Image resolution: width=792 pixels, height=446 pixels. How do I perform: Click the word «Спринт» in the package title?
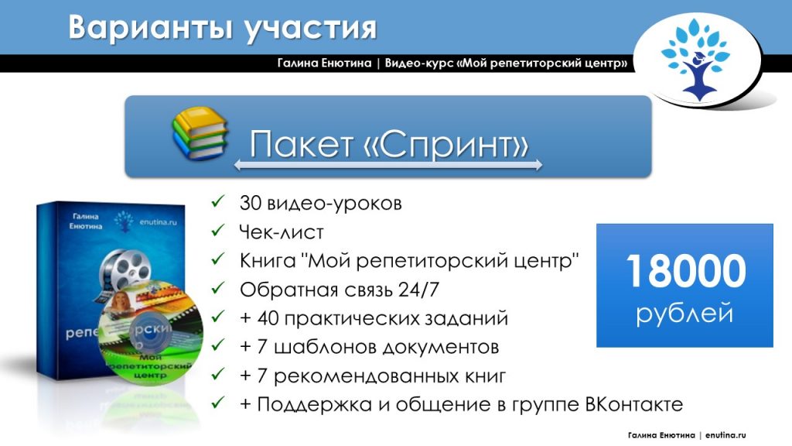point(446,143)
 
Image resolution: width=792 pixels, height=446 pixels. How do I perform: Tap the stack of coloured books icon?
point(200,133)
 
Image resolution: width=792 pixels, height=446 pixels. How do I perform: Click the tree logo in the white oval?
point(696,60)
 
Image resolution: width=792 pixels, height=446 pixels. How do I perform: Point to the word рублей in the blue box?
point(684,313)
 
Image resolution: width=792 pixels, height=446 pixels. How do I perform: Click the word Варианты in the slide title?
point(151,27)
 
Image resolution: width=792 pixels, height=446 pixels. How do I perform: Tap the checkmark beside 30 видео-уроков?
point(217,201)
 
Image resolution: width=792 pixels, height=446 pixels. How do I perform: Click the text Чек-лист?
point(282,232)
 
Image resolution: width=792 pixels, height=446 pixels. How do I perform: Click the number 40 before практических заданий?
point(268,318)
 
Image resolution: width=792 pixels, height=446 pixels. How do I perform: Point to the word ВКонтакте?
point(634,404)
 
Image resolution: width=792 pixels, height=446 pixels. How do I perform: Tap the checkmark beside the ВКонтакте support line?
point(217,403)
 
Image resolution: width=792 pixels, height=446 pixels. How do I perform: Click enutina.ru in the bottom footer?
point(725,435)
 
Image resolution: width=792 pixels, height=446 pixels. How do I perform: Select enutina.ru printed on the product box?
point(158,222)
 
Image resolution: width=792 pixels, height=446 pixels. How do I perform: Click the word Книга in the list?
point(267,261)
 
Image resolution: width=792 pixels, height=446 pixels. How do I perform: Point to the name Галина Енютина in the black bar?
point(324,63)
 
